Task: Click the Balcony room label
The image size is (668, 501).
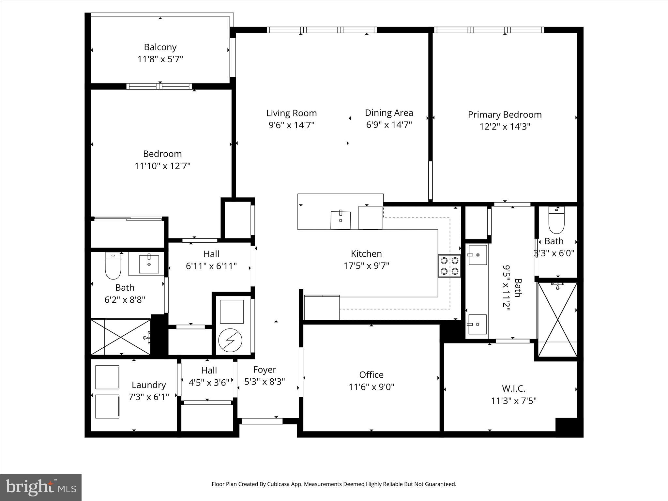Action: (160, 47)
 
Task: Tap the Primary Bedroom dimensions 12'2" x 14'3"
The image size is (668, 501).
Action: (505, 127)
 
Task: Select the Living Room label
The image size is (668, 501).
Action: (291, 113)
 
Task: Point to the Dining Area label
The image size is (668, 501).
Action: (389, 113)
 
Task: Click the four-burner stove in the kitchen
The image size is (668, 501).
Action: (449, 266)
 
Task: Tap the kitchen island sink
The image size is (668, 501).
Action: (341, 220)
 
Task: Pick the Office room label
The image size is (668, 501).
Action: (371, 374)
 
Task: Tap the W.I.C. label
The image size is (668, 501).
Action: (514, 388)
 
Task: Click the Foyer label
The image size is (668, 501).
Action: (265, 370)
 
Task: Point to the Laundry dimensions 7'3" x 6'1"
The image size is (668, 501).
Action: (149, 397)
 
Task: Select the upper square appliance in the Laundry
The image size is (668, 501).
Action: (107, 377)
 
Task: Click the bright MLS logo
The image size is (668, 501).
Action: (41, 487)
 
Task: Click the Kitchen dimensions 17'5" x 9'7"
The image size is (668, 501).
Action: (366, 266)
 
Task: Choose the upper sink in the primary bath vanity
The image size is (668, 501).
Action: (478, 255)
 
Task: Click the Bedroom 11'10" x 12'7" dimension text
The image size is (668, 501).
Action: (162, 166)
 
